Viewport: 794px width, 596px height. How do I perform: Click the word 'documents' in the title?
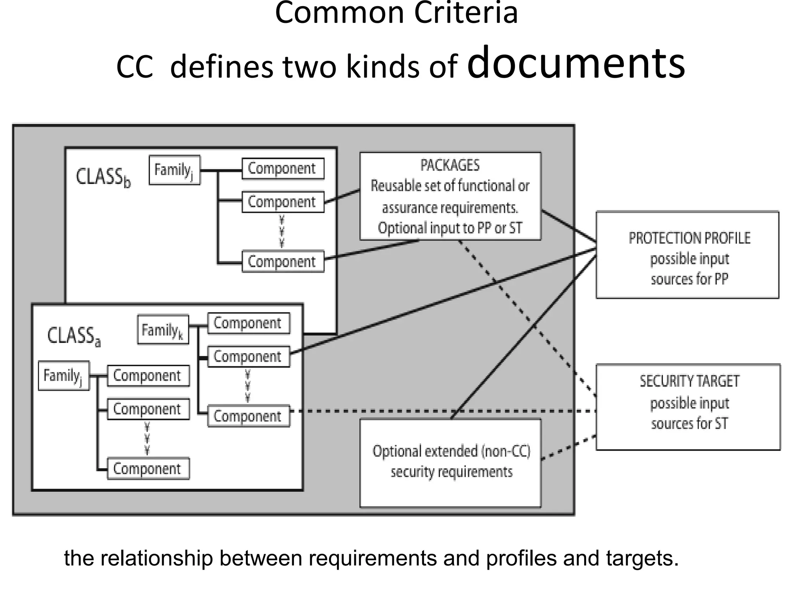pos(576,63)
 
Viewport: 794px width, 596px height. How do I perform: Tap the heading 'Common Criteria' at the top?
pos(396,13)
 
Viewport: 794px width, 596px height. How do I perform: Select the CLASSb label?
pos(103,178)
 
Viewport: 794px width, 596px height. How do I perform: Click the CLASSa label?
pos(74,336)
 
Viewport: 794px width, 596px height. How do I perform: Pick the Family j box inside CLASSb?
pos(174,170)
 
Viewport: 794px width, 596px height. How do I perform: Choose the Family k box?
pos(163,330)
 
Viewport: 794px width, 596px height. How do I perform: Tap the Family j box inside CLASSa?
pos(64,376)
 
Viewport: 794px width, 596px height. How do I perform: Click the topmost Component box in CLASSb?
pos(283,168)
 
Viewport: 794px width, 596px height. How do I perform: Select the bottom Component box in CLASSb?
pos(283,262)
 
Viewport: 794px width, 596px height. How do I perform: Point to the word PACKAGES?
pos(450,165)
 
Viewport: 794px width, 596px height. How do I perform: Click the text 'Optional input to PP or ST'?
pos(450,228)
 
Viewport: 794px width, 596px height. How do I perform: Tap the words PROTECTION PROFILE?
pos(689,238)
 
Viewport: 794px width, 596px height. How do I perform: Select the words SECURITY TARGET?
pos(689,381)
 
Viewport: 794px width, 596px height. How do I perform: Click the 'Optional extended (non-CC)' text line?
pos(451,451)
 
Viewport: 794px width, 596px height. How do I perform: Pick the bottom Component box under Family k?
pos(249,416)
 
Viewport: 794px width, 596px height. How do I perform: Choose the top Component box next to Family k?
pos(249,323)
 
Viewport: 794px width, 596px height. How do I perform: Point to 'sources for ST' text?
pos(689,423)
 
